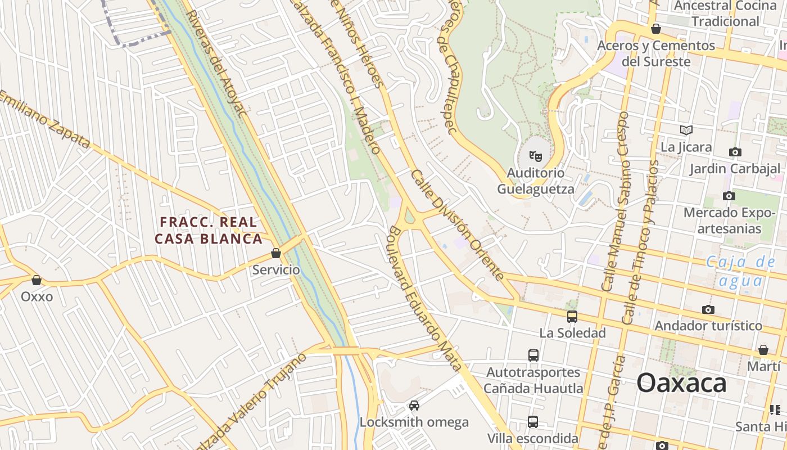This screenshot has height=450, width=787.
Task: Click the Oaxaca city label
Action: pos(681,384)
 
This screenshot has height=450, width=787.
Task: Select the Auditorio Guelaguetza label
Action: pos(535,181)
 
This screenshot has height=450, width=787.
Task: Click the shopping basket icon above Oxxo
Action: pos(37,280)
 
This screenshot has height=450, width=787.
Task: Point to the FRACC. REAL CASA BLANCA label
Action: pos(209,231)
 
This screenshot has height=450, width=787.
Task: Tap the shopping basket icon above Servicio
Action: pos(275,254)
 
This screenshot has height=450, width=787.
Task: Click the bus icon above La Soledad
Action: pos(572,317)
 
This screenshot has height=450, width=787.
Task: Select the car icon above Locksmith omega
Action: pos(414,406)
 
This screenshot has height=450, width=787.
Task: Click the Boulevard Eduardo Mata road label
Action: pos(425,298)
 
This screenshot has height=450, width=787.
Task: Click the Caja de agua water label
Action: pos(740,271)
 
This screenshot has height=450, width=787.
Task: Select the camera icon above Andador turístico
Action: pos(708,310)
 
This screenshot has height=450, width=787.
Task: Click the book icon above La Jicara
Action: pos(686,130)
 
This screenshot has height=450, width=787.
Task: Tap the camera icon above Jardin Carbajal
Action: pos(735,152)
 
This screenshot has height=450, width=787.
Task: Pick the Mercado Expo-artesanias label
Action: pos(729,220)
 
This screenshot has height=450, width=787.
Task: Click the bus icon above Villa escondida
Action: pos(533,421)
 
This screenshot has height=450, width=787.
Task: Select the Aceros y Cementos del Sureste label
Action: pos(656,53)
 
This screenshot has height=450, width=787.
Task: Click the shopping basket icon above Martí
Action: pos(763,350)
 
